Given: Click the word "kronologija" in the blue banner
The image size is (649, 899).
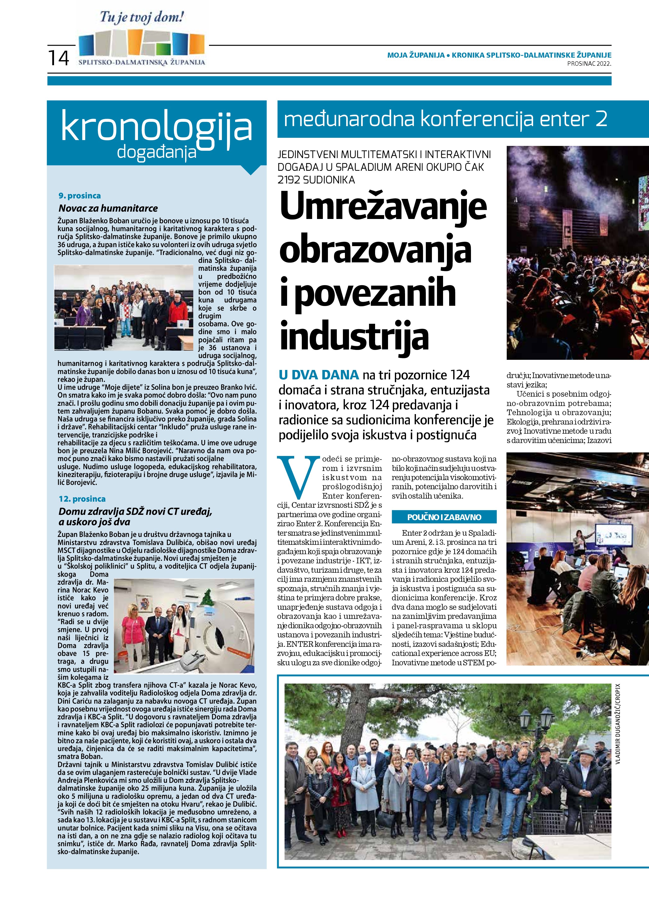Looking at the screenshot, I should click(156, 127).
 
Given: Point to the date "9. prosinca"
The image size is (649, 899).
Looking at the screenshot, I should click(80, 195).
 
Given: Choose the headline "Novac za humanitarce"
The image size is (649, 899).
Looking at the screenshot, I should click(108, 208).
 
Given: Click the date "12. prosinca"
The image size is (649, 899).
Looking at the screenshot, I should click(82, 499).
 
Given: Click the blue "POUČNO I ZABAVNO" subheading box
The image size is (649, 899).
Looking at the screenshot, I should click(444, 517).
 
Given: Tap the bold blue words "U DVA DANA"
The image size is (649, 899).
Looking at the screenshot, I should click(319, 375).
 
